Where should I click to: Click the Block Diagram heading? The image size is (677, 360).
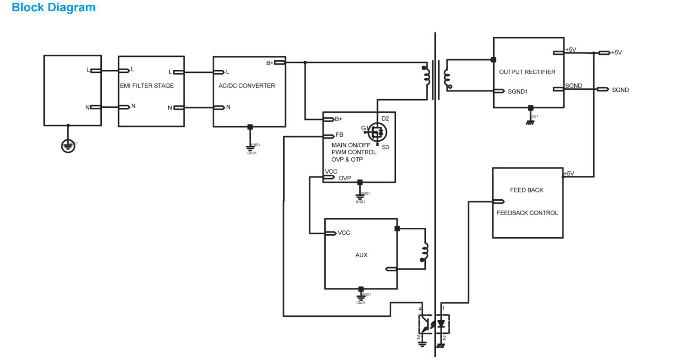click(x=53, y=8)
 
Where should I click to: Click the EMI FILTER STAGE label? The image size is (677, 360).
click(x=147, y=86)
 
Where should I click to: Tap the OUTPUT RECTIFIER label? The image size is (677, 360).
click(x=527, y=72)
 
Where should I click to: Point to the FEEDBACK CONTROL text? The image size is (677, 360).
click(x=527, y=213)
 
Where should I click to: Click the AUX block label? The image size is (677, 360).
click(x=361, y=255)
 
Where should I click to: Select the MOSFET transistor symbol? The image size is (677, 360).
click(x=377, y=132)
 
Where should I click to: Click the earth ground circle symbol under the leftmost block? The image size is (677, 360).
click(x=68, y=146)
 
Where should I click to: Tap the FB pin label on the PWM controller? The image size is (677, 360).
click(x=339, y=135)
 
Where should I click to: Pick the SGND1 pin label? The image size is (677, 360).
click(x=518, y=91)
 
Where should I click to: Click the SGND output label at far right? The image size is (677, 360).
click(x=620, y=90)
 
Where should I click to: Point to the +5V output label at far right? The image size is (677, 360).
click(x=616, y=53)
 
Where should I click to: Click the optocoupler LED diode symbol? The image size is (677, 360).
click(x=442, y=324)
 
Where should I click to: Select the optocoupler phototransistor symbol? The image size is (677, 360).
click(x=425, y=324)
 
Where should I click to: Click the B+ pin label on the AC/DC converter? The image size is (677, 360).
click(x=270, y=63)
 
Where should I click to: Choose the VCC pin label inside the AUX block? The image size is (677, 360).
click(x=343, y=233)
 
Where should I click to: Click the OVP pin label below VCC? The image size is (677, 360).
click(x=345, y=178)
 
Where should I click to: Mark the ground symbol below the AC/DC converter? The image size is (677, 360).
click(x=249, y=147)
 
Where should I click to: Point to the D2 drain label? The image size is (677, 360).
click(x=385, y=119)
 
